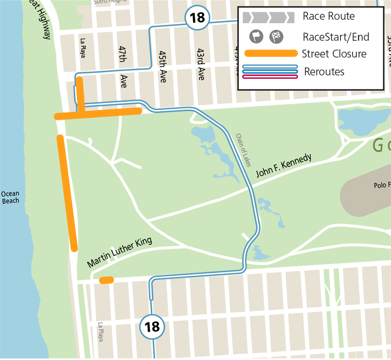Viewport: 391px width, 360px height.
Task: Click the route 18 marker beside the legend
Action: tap(197, 17)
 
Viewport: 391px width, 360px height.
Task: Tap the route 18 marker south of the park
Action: tap(152, 327)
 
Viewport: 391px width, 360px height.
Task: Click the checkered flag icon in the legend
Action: tap(276, 37)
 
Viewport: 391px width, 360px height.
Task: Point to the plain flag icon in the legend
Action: tap(256, 37)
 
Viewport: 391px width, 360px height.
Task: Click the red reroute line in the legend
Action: tap(270, 76)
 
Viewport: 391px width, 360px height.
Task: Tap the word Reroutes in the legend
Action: tap(324, 71)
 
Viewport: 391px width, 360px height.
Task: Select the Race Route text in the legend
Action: tap(328, 16)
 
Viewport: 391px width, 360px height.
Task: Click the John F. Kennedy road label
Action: tap(284, 166)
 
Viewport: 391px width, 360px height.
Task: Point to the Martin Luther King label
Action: tap(119, 253)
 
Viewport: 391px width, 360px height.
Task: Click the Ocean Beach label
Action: tap(10, 197)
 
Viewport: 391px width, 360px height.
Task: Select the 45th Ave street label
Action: tap(162, 66)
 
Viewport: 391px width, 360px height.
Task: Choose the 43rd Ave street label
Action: tap(200, 64)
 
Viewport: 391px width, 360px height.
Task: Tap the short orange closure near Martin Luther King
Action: tap(106, 280)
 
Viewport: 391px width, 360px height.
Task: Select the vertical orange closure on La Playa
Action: tap(80, 95)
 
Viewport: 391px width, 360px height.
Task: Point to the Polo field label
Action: tap(382, 185)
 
